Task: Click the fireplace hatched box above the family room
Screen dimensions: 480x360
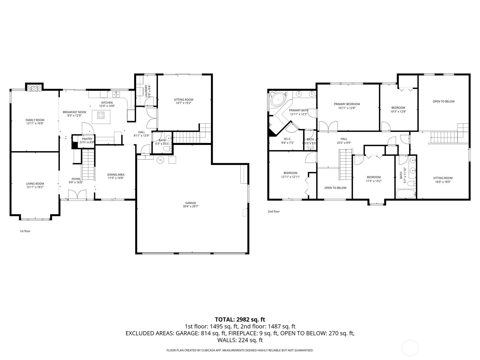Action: pos(34,88)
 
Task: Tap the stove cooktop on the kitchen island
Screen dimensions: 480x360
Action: pos(101,115)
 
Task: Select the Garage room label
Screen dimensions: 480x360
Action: pos(190,203)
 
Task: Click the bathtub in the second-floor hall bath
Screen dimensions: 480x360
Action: pos(406,194)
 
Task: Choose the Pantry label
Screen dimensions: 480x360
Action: pos(87,139)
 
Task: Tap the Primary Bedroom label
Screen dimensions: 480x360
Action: pos(347,104)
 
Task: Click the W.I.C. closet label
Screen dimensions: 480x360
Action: pos(287,139)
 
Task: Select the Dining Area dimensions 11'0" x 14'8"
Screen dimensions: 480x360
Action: pos(116,178)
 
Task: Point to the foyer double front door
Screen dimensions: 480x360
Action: pos(77,194)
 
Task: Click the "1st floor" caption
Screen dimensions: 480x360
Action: pos(25,231)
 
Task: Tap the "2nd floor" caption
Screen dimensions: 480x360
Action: pos(274,211)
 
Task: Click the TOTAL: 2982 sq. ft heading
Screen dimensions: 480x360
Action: pos(240,319)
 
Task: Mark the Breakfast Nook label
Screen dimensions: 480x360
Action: pos(75,112)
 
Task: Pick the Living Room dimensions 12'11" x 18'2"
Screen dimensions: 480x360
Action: pos(35,187)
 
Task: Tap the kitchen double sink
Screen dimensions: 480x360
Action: pos(116,94)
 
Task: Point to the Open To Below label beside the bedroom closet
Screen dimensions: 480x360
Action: pos(335,188)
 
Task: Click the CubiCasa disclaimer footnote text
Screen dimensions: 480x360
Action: pos(240,350)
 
